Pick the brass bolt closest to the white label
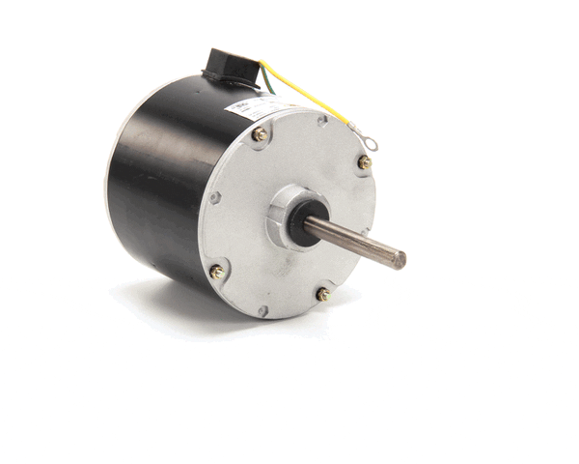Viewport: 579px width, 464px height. pos(259,135)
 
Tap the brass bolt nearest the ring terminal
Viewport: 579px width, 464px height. pos(365,162)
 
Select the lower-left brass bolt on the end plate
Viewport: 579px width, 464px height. pos(217,273)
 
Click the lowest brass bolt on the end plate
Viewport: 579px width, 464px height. pos(323,294)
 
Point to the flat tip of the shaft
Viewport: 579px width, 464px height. pos(399,258)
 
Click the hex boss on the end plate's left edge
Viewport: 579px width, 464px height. pos(215,198)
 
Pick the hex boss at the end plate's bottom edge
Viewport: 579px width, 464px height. pos(262,311)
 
